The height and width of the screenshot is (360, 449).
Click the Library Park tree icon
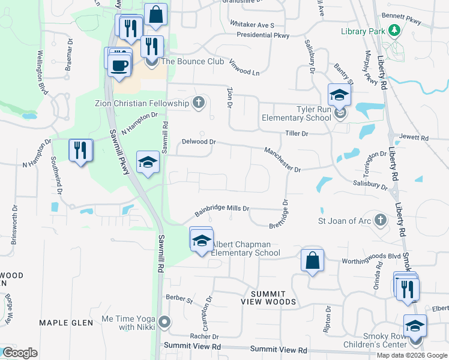click(x=393, y=30)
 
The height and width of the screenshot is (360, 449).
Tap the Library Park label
click(x=361, y=31)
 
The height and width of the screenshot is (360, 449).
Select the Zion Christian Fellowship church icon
click(x=199, y=103)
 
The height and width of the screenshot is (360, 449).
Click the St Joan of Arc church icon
click(x=379, y=221)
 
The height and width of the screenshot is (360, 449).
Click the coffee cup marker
click(x=120, y=65)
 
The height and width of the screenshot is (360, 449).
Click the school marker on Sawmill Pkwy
click(x=148, y=162)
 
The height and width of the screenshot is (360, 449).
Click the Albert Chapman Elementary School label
click(x=246, y=248)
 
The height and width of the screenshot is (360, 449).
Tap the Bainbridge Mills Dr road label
click(x=221, y=210)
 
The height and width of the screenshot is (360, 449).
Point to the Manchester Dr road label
click(x=282, y=160)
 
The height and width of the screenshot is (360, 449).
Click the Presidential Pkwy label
click(x=263, y=35)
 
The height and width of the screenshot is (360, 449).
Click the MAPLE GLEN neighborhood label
click(x=66, y=323)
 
